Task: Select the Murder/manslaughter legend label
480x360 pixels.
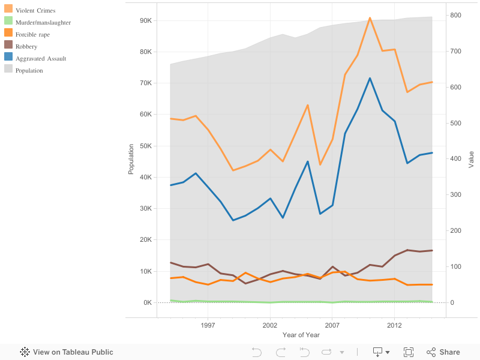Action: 43,22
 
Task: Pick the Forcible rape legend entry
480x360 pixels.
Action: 32,34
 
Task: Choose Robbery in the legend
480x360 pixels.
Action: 26,46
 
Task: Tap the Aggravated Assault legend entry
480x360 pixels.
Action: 41,58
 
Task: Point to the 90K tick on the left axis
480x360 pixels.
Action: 145,20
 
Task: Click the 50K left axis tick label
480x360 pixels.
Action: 145,146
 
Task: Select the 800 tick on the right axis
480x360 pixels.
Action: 456,15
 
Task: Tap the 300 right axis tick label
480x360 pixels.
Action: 456,195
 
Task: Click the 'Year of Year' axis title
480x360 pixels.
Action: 301,335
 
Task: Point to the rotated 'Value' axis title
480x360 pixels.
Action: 471,160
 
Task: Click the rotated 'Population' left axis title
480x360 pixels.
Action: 131,159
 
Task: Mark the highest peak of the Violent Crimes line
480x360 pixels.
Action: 370,18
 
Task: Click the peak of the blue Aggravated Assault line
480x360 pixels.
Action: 370,78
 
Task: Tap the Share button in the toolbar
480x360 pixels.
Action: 443,352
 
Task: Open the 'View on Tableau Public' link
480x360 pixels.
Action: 67,352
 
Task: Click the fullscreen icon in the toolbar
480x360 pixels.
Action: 409,352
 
